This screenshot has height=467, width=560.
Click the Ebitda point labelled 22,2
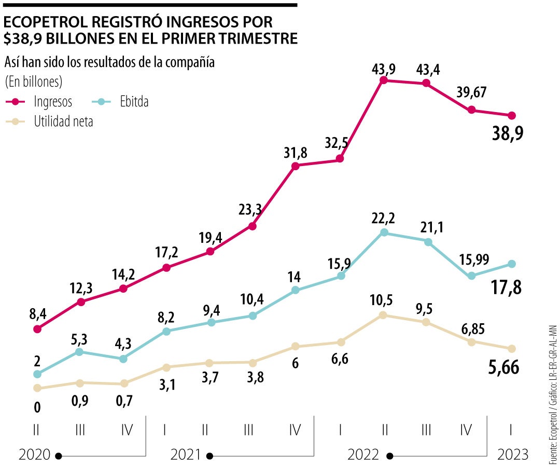(x=384, y=232)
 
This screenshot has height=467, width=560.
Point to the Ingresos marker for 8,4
(x=37, y=329)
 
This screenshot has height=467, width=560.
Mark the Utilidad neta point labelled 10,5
(x=383, y=315)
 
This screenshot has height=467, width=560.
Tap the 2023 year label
(x=513, y=455)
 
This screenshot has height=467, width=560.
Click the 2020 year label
(x=34, y=455)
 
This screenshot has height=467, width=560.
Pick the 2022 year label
(x=363, y=455)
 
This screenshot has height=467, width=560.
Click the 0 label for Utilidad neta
(x=37, y=408)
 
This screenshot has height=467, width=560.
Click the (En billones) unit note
(x=33, y=81)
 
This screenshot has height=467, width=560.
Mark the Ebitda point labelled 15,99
(x=471, y=276)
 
